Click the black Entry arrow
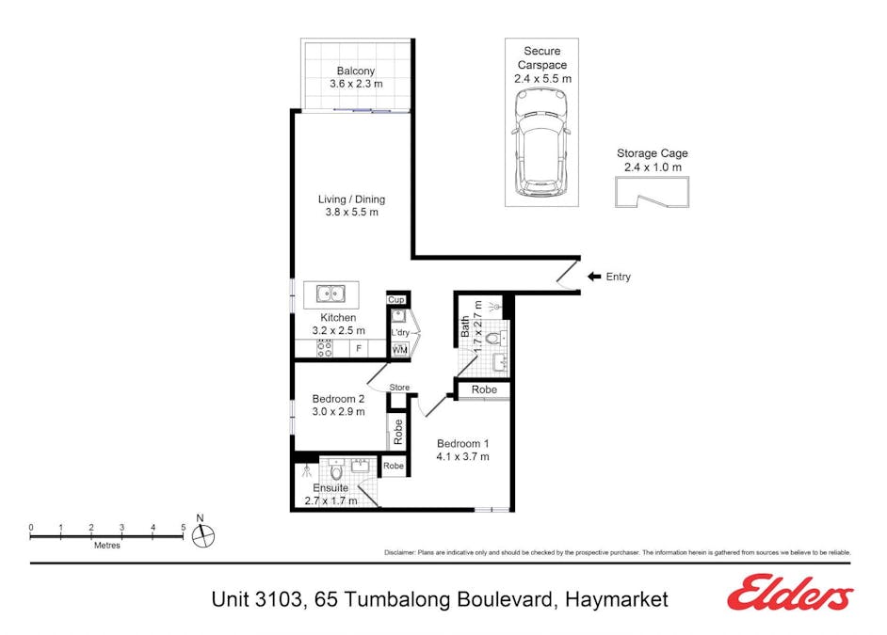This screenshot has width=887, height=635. tap(593, 277)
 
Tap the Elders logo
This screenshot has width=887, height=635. tap(790, 594)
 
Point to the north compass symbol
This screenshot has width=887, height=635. tap(202, 535)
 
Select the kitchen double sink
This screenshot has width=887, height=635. tap(331, 294)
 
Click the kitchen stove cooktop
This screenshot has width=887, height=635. tap(324, 349)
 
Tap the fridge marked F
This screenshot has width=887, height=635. tap(358, 349)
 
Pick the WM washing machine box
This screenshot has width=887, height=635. tap(399, 350)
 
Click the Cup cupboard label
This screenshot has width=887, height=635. tap(396, 300)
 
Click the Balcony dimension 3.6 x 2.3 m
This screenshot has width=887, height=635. tap(356, 85)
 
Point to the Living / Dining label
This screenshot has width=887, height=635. tap(351, 199)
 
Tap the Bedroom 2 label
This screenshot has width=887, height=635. tap(338, 398)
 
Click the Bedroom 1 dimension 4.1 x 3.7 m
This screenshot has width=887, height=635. tap(461, 457)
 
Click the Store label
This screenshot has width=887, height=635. tap(400, 388)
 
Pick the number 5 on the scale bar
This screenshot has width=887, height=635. tap(183, 528)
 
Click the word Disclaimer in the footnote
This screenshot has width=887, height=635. tap(402, 552)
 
